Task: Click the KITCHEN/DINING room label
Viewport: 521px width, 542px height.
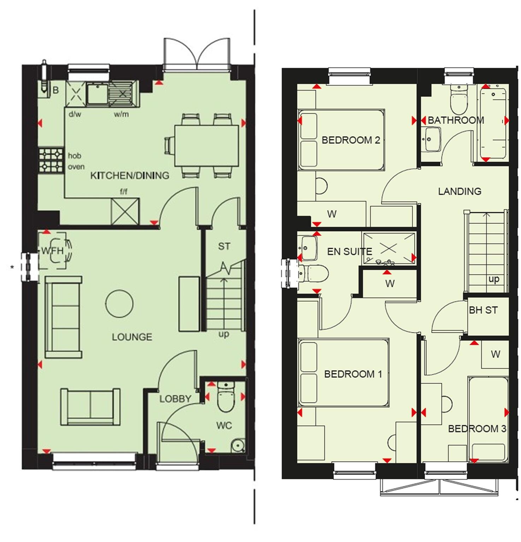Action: pos(130,175)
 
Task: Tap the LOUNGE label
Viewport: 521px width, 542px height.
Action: pos(132,337)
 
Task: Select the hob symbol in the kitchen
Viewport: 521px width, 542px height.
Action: pos(51,160)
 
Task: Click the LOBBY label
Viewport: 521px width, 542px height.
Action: pos(175,399)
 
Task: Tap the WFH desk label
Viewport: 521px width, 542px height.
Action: pos(53,251)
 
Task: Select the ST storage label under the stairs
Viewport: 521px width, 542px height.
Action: pos(224,246)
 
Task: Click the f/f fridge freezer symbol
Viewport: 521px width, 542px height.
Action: pos(125,211)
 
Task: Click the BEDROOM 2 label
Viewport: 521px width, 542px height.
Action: pos(351,140)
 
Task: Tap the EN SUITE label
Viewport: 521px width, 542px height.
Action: pos(349,251)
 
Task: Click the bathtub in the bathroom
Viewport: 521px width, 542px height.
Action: pos(493,123)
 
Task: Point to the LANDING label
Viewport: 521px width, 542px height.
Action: pos(460,191)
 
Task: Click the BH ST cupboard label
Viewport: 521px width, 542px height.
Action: pos(483,310)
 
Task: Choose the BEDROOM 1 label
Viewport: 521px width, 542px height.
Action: pos(353,374)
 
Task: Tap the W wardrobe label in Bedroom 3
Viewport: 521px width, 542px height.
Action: pos(496,354)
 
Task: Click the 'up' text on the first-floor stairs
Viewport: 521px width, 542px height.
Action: pos(494,279)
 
